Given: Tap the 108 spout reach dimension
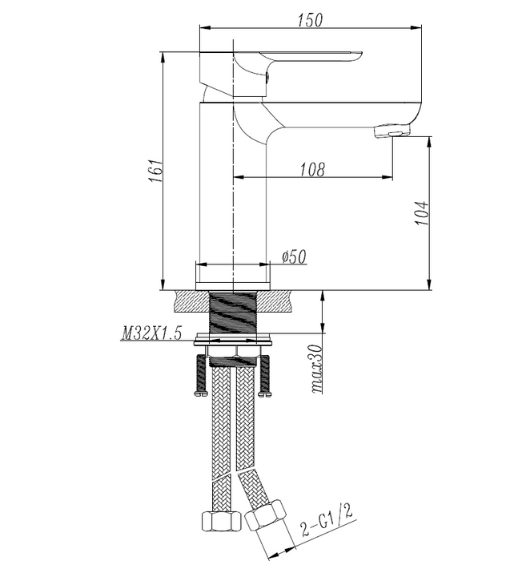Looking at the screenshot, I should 311,169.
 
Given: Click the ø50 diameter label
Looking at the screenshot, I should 294,256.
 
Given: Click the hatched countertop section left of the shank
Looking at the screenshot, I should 190,303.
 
